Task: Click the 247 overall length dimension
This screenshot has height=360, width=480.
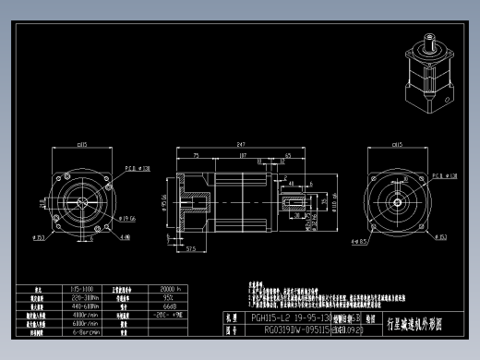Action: pos(241,145)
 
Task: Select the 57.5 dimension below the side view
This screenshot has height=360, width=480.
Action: pos(191,248)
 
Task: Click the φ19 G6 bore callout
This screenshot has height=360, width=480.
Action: pos(126,219)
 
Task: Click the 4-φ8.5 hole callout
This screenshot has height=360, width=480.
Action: pos(362,242)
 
